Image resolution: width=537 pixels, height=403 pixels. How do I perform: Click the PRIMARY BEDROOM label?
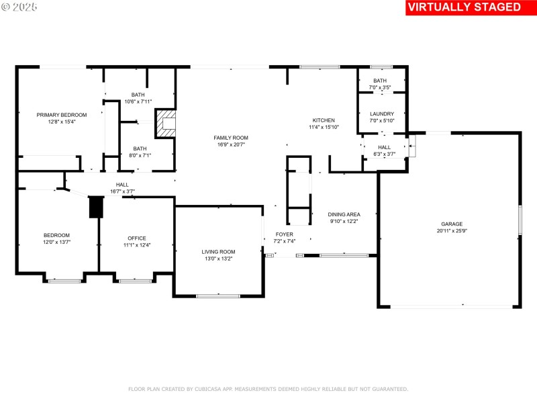62,115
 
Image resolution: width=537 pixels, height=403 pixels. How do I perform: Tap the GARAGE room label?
452,224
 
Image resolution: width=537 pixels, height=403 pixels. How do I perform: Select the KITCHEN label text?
324,120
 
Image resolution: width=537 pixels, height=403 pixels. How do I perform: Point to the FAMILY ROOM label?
231,138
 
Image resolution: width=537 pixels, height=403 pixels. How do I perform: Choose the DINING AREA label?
344,214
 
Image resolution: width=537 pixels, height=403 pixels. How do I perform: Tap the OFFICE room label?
137,238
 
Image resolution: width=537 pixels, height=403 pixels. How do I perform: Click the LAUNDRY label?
382,114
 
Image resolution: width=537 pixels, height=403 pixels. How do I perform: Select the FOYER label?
284,234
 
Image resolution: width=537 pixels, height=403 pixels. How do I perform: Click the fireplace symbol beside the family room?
166,125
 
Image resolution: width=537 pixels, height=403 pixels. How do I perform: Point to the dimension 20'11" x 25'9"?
451,231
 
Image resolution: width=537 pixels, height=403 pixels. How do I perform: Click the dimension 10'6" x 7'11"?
138,101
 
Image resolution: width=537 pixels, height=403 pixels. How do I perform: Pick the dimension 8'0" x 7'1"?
140,155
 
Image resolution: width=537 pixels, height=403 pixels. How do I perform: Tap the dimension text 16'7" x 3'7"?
122,191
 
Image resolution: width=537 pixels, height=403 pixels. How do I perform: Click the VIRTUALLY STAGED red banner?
464,7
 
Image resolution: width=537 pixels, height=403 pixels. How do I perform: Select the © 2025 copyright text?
19,7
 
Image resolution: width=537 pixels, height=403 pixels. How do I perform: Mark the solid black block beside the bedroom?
95,207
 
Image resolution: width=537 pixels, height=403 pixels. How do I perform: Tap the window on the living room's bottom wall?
218,296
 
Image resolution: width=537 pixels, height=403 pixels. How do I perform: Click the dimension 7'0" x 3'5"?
380,87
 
